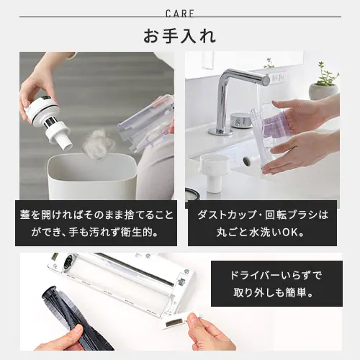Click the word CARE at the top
point(180,14)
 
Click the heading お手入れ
point(180,36)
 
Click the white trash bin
point(92,177)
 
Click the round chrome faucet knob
point(241,120)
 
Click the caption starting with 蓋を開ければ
point(96,224)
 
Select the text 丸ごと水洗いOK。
point(261,233)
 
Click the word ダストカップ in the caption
point(226,215)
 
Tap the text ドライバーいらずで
point(276,275)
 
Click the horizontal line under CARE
point(180,17)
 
